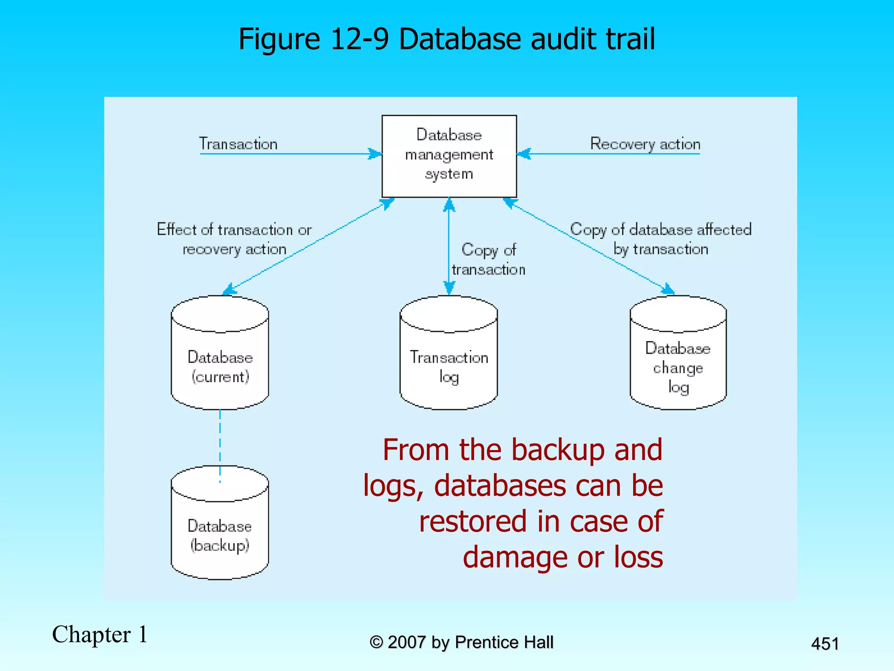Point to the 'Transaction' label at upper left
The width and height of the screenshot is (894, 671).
(238, 144)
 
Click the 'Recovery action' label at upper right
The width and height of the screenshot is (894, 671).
(645, 144)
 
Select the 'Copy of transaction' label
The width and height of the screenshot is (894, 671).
(488, 259)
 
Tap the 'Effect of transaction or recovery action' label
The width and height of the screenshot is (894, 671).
(234, 239)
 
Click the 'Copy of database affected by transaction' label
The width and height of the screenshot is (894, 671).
(660, 239)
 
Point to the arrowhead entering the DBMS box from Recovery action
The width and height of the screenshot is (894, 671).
(523, 154)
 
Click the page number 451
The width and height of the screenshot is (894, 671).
(825, 643)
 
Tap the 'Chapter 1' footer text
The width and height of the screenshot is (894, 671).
(100, 634)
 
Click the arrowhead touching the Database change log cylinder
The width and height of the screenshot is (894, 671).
(668, 289)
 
